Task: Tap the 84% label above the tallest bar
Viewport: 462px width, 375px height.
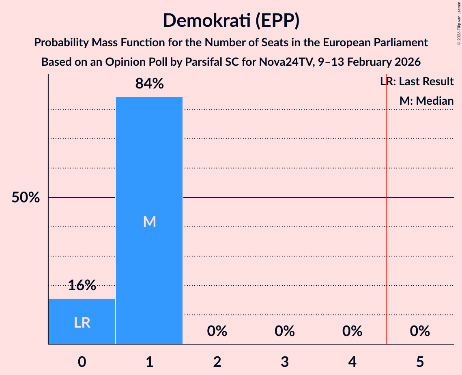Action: click(149, 84)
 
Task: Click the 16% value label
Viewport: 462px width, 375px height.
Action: click(82, 286)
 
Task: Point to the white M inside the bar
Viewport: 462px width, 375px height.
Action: click(149, 222)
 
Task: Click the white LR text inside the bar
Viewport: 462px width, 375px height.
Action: click(82, 323)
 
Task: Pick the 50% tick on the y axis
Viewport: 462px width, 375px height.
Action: click(26, 198)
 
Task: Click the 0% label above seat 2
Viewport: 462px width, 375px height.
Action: click(217, 332)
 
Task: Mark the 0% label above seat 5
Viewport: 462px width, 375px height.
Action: click(420, 332)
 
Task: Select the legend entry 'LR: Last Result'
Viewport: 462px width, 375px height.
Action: click(417, 82)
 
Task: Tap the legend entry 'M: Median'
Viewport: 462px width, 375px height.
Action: click(426, 101)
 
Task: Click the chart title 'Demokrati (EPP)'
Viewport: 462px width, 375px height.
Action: click(231, 21)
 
